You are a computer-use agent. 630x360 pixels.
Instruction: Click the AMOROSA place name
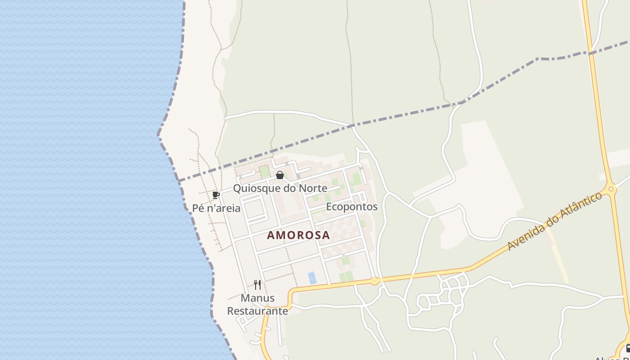298,235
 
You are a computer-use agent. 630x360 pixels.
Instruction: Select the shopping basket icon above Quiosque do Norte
280,175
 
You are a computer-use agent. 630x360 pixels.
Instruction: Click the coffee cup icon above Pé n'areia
216,195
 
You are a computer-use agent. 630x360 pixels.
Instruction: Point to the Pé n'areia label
216,208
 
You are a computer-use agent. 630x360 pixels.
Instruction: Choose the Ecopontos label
351,207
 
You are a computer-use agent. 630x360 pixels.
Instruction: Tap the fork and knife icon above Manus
257,285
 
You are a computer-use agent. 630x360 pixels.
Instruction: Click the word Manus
257,298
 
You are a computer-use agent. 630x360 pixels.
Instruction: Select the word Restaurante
257,311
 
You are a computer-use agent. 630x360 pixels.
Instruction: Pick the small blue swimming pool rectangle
312,278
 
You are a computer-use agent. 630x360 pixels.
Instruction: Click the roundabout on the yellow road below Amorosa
374,281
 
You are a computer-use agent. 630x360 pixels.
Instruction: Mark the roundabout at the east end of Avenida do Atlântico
611,189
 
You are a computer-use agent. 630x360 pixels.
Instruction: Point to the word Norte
312,188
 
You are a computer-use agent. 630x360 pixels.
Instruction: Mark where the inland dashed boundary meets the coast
179,181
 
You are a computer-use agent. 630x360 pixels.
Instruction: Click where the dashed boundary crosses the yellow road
589,53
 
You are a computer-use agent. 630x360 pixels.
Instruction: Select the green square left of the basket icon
265,171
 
